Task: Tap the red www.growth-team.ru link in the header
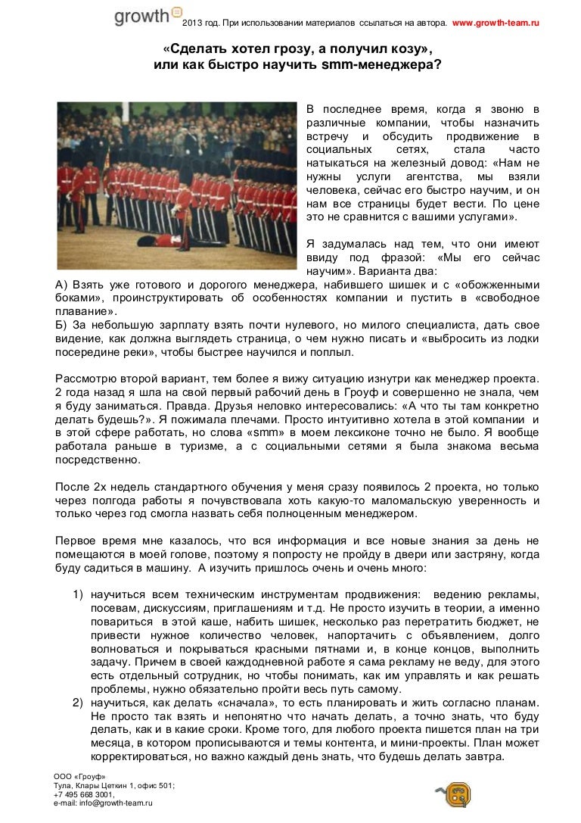496,24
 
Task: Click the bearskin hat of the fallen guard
144,240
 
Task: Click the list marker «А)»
64,285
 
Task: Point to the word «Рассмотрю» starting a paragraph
85,379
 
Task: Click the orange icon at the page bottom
457,795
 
